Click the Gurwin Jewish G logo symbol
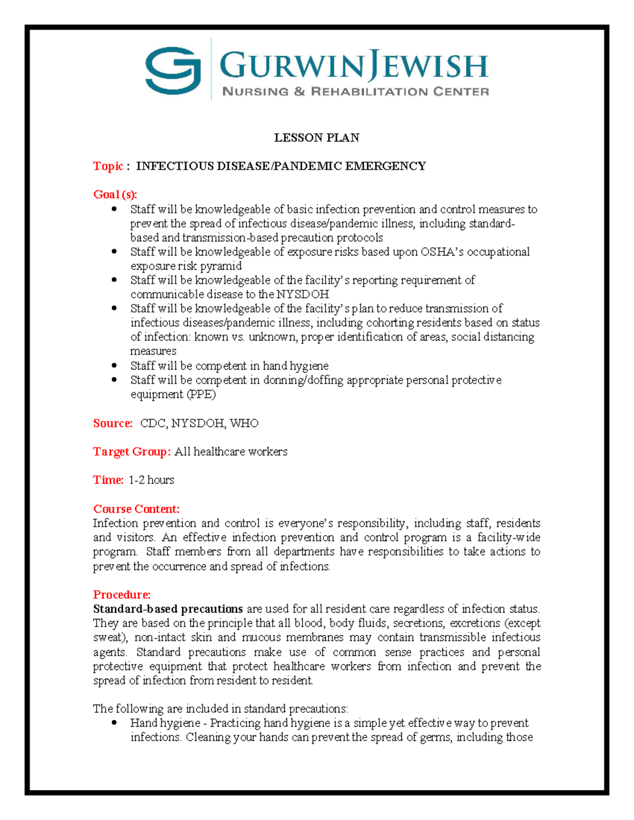(x=173, y=70)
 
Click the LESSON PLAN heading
(x=316, y=138)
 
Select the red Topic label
(x=108, y=166)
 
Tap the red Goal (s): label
(x=115, y=194)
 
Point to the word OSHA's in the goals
(x=442, y=252)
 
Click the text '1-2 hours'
(x=151, y=480)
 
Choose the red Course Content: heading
(x=136, y=509)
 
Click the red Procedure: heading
(x=122, y=595)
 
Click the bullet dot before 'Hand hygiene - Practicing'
(x=114, y=723)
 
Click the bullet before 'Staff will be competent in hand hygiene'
(x=114, y=365)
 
